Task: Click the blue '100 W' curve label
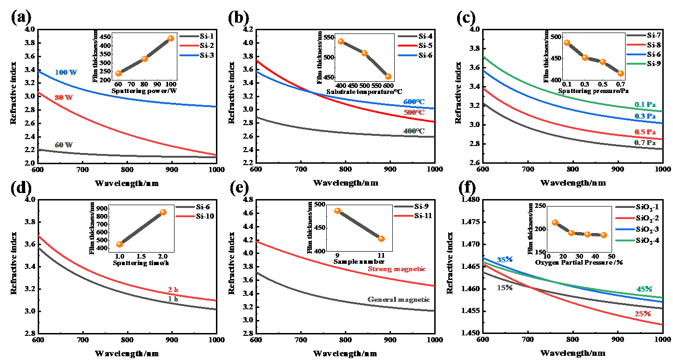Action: [66, 73]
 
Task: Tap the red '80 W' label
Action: [64, 98]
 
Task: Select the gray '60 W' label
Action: [64, 145]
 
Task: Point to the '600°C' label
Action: [414, 102]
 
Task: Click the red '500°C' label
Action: [414, 113]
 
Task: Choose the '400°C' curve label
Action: [414, 131]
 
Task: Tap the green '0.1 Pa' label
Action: [645, 105]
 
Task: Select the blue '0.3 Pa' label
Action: [645, 116]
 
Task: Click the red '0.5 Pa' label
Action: [645, 132]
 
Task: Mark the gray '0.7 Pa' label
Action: [645, 143]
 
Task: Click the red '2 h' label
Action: [173, 290]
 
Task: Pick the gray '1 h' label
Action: [173, 299]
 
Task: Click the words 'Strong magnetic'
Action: [397, 269]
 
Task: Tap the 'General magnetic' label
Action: [398, 300]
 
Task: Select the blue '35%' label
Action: [505, 260]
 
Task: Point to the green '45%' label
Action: [644, 289]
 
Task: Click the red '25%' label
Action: [643, 314]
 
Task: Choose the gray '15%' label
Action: [505, 288]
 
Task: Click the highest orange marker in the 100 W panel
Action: [171, 39]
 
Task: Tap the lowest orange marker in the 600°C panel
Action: [388, 76]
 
